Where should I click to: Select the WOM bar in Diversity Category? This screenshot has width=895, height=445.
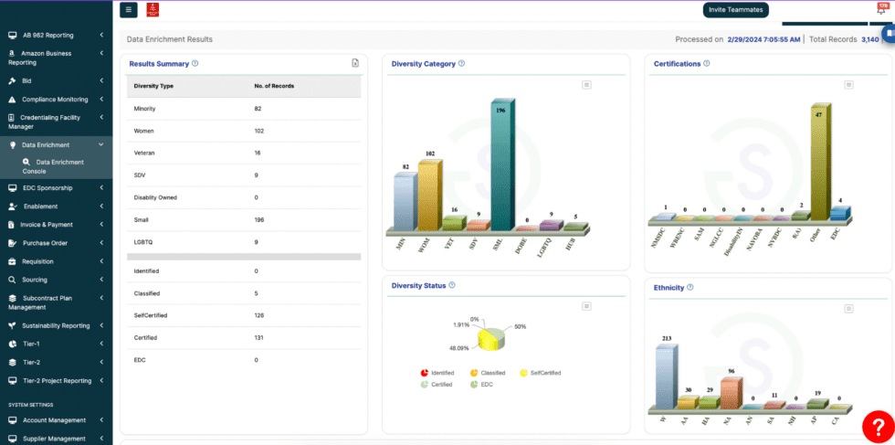[x=428, y=196]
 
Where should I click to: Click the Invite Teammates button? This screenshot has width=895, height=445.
[x=736, y=9]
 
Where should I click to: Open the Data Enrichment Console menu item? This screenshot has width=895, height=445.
[x=60, y=166]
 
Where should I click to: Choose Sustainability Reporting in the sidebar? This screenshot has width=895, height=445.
[x=56, y=325]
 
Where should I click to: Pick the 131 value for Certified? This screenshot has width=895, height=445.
[x=259, y=338]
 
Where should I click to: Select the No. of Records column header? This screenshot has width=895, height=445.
[x=274, y=86]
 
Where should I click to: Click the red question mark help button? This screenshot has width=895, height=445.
[x=878, y=425]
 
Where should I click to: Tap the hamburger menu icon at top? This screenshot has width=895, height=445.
[x=129, y=10]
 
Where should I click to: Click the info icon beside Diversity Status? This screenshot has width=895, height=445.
[x=452, y=285]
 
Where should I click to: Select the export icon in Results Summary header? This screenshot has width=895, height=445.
[x=355, y=63]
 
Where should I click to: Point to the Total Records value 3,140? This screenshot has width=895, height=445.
[x=869, y=39]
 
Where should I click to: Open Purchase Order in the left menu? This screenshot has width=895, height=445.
[x=45, y=243]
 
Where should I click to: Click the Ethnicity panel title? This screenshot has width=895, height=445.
[x=669, y=287]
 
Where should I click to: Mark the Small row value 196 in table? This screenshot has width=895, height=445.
[x=260, y=219]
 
